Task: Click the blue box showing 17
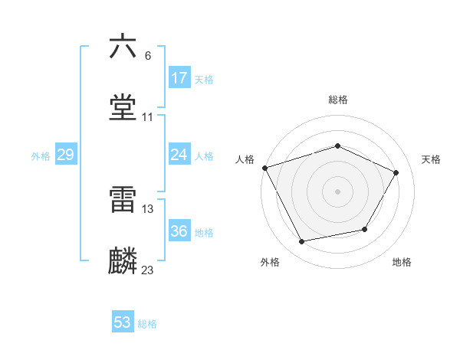tap(179, 78)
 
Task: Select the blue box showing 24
tap(179, 155)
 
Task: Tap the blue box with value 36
tap(179, 231)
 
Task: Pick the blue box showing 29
tap(65, 155)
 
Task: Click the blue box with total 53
tap(123, 322)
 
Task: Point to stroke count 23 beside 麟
tap(148, 270)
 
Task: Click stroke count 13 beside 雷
tap(148, 208)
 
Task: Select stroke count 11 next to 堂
tap(148, 117)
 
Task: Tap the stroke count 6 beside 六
tap(147, 56)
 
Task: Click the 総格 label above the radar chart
tap(337, 100)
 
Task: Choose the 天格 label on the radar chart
tap(431, 159)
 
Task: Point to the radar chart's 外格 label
tap(270, 262)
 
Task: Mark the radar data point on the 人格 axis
tap(264, 168)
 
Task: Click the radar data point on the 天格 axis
tap(396, 172)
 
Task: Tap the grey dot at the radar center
tap(337, 191)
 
